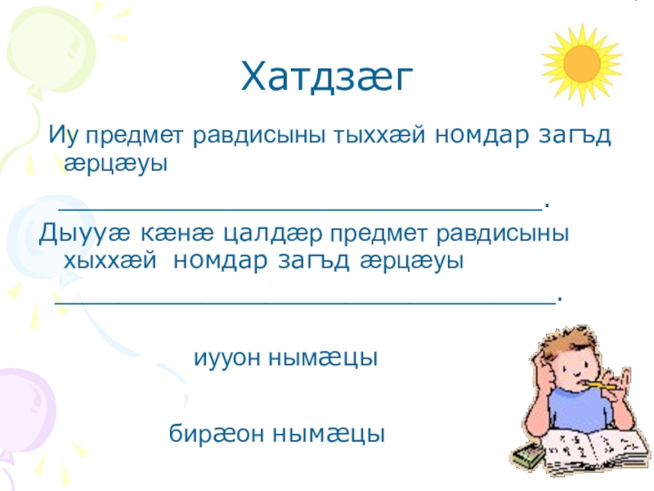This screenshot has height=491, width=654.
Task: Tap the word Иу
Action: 64,135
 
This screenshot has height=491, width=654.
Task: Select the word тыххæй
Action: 379,134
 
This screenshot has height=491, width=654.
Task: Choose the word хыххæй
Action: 110,261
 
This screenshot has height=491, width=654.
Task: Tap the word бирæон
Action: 217,434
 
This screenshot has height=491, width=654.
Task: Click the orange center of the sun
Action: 581,64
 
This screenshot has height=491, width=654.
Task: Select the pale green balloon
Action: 49,50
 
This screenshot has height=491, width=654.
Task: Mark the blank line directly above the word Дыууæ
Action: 300,211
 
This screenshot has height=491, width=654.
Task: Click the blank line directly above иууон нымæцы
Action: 305,304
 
